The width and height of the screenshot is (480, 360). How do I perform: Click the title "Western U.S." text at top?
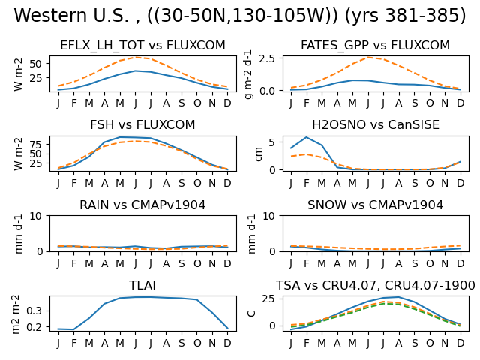[x=71, y=15]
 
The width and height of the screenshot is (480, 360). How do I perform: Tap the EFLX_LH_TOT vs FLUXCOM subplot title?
[x=142, y=45]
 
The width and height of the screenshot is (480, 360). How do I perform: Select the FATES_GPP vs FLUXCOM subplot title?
[x=375, y=45]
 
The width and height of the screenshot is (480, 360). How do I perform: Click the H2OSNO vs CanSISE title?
[x=376, y=125]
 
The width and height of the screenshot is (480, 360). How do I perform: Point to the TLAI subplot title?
[x=142, y=285]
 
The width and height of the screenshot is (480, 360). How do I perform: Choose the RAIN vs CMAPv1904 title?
[x=142, y=205]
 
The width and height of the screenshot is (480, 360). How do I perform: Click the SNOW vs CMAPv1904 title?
[x=375, y=205]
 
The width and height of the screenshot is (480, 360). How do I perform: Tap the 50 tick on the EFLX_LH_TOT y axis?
[x=35, y=64]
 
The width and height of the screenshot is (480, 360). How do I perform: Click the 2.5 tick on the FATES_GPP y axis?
[x=267, y=58]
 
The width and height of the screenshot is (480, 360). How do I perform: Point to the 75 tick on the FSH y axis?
[x=35, y=145]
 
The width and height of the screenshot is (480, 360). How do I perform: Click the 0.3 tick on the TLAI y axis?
[x=34, y=311]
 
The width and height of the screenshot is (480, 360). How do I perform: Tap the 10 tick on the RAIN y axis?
[x=35, y=216]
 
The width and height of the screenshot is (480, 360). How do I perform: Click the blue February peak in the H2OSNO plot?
[x=307, y=137]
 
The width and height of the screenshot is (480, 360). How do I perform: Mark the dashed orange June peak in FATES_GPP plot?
[x=368, y=57]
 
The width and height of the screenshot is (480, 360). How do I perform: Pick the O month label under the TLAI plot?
[x=197, y=343]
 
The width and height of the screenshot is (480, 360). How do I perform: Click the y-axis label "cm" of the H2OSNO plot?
[x=258, y=154]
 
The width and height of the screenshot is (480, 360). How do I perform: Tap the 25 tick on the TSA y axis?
[x=268, y=298]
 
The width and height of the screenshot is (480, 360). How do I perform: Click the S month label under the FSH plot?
[x=181, y=183]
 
